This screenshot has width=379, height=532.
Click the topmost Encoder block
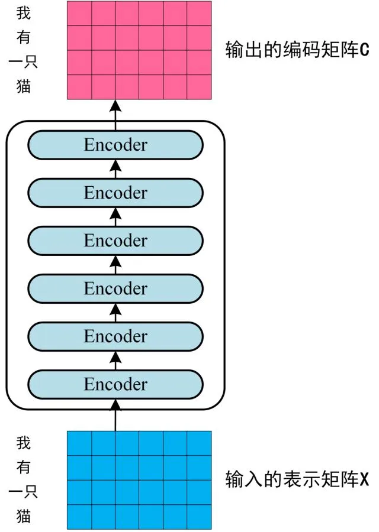(115, 145)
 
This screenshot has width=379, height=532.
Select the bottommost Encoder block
(115, 384)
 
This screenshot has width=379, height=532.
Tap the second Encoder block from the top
(115, 193)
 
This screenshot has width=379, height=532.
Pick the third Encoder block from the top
(115, 241)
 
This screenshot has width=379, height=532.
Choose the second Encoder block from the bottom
(115, 336)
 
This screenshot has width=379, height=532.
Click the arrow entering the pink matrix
(116, 115)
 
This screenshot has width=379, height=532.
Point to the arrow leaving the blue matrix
(116, 416)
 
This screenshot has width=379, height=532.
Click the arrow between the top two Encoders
(116, 169)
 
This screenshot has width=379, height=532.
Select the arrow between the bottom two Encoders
(116, 361)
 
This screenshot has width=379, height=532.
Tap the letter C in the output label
(364, 50)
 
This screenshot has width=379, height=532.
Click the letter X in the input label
(364, 479)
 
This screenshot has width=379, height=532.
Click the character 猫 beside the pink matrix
(24, 86)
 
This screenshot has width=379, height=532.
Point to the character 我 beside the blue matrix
(24, 443)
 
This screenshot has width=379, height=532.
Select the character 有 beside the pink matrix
(24, 37)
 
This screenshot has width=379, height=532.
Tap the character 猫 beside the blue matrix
(24, 516)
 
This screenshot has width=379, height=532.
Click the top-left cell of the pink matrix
(79, 13)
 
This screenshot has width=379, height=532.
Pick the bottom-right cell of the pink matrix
(199, 87)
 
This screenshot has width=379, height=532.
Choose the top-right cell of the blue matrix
(199, 443)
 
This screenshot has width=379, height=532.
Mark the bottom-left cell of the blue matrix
(79, 517)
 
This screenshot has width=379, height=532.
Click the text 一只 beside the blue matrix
(23, 492)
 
